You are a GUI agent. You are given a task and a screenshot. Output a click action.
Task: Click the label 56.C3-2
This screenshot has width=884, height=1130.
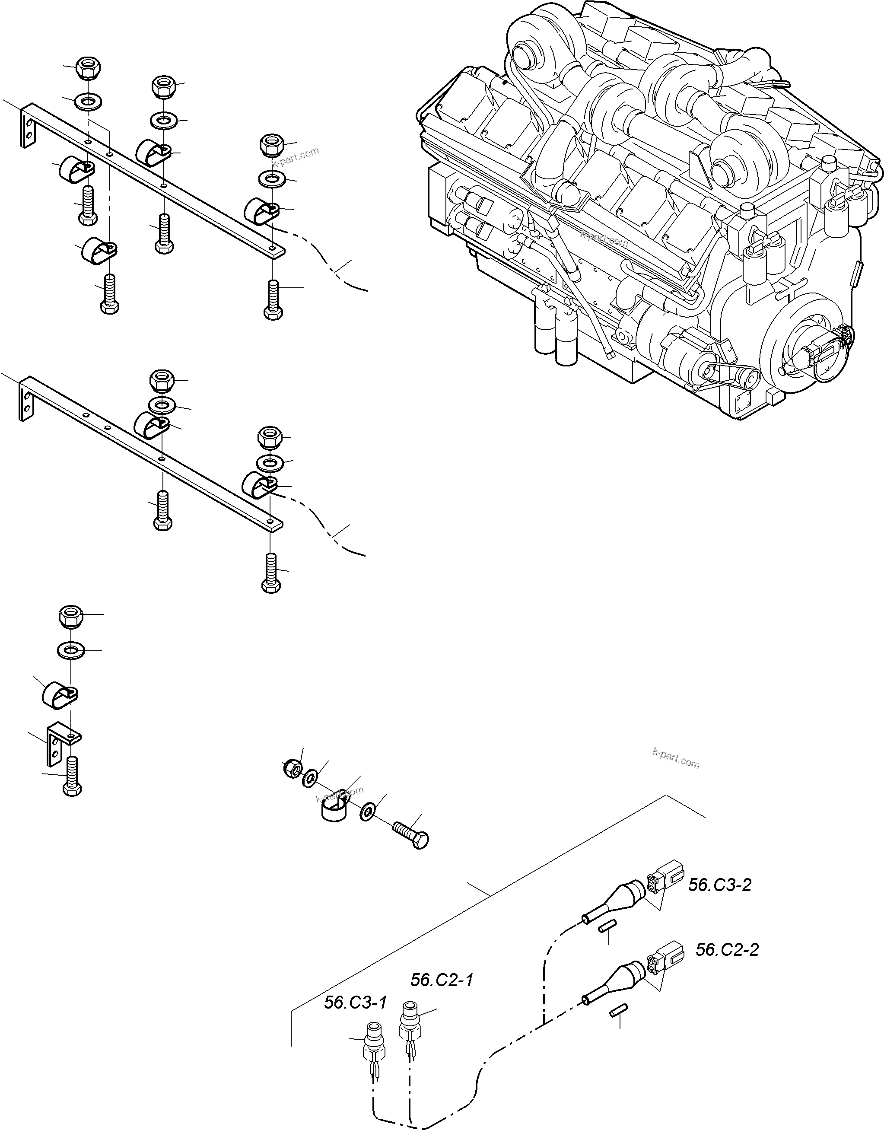(x=719, y=885)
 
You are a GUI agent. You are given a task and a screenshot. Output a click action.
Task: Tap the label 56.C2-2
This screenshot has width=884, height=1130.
(x=727, y=950)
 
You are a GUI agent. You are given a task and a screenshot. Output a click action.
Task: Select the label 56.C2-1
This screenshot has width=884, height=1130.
(x=442, y=980)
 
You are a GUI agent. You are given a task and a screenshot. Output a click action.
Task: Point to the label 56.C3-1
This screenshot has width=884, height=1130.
(x=355, y=1003)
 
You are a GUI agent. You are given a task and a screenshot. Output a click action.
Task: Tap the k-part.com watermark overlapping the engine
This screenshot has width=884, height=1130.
(x=604, y=240)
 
